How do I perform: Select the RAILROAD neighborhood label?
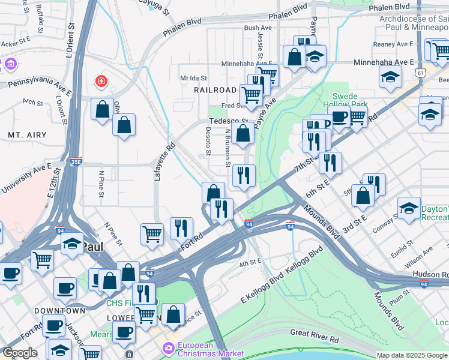pyautogui.click(x=215, y=89)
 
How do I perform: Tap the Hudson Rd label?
pyautogui.click(x=430, y=274)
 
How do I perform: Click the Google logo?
pyautogui.click(x=20, y=353)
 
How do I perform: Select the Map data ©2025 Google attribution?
pyautogui.click(x=411, y=355)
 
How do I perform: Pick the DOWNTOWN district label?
pyautogui.click(x=59, y=311)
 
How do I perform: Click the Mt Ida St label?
pyautogui.click(x=193, y=78)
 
